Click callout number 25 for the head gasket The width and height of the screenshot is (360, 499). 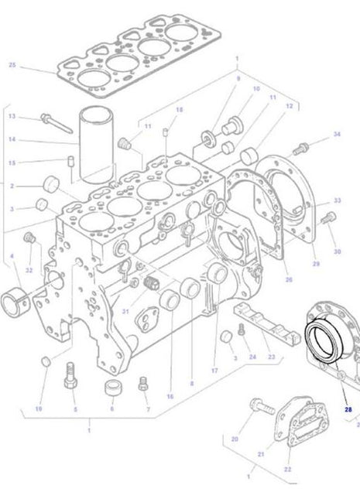coord(12,65)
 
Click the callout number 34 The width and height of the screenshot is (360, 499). coord(336,135)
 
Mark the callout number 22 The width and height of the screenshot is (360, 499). coord(287,469)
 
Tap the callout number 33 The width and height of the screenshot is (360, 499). coord(336,200)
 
